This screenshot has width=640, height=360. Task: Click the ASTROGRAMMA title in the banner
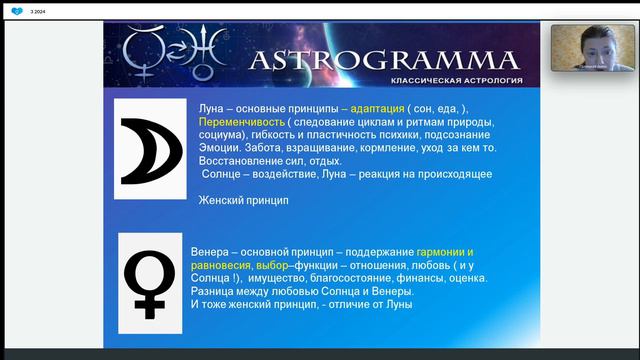pyautogui.click(x=382, y=59)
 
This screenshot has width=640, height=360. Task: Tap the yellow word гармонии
pyautogui.click(x=442, y=251)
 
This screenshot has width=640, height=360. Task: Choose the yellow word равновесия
pyautogui.click(x=221, y=265)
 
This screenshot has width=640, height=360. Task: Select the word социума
pyautogui.click(x=226, y=135)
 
